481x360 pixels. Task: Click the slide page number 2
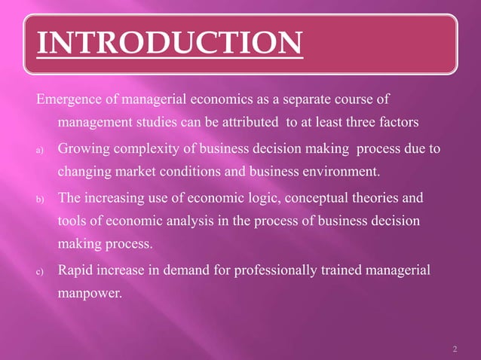click(x=455, y=348)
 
